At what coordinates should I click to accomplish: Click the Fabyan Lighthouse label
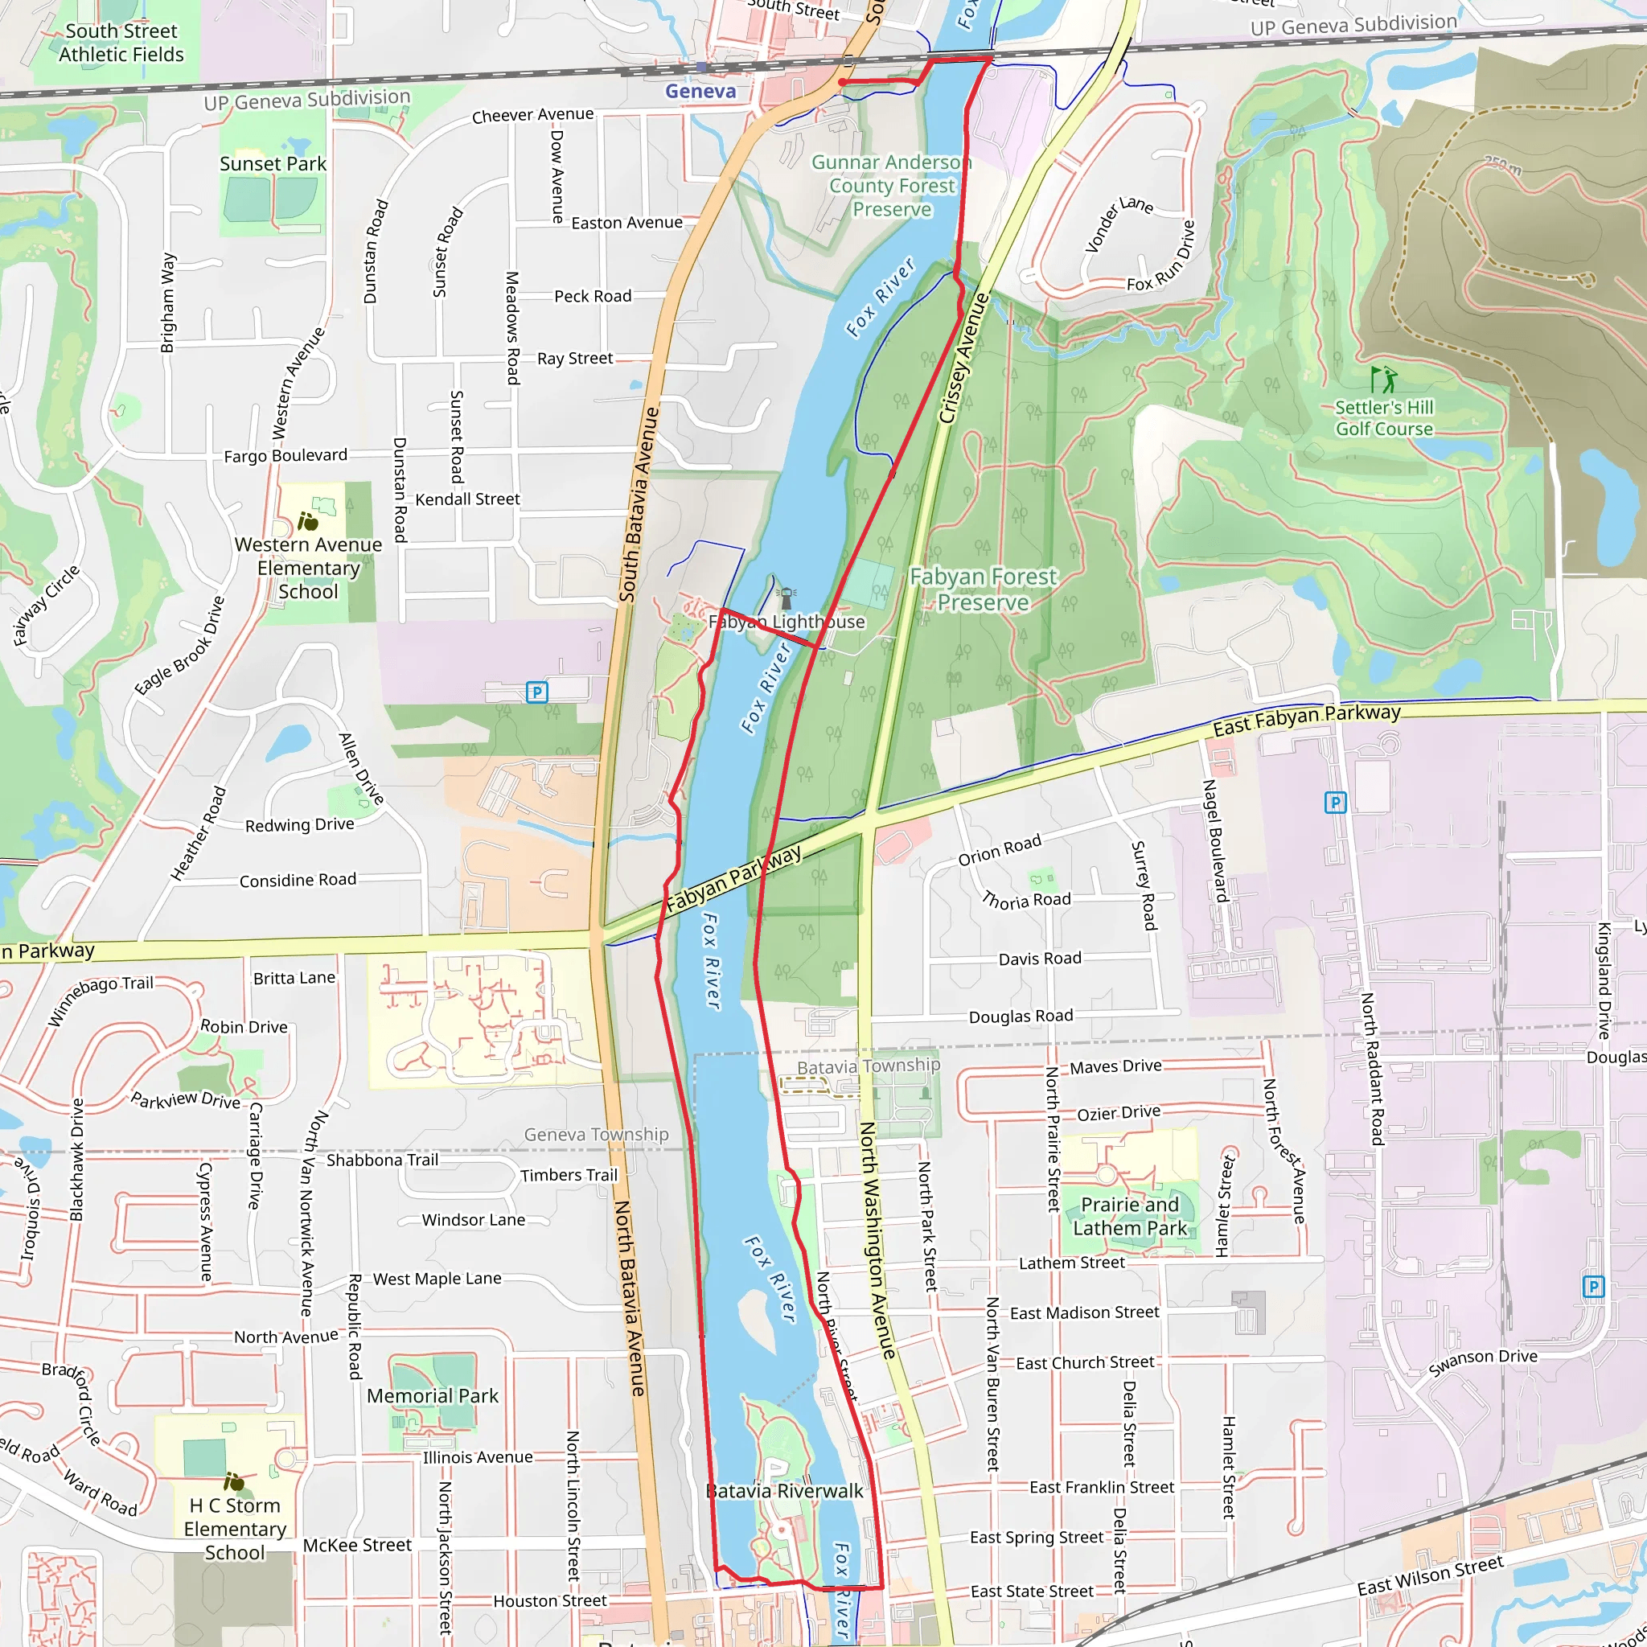786,622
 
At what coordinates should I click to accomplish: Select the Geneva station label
700,91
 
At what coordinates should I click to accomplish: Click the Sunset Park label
273,164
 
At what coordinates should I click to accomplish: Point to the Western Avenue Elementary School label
308,568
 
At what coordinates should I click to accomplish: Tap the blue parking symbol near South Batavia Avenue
536,692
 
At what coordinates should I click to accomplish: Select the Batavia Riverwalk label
784,1491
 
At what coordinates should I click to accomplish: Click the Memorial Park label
432,1395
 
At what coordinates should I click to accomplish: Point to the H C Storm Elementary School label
235,1529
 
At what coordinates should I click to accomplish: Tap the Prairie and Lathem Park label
1130,1217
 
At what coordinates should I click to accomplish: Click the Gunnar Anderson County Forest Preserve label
892,186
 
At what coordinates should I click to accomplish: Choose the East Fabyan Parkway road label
1306,721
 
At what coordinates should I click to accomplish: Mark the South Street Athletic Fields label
121,43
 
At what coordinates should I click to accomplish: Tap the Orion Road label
999,850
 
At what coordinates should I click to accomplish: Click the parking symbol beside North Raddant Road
1335,802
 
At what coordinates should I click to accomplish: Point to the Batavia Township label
868,1066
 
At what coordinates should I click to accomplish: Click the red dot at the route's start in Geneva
841,83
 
